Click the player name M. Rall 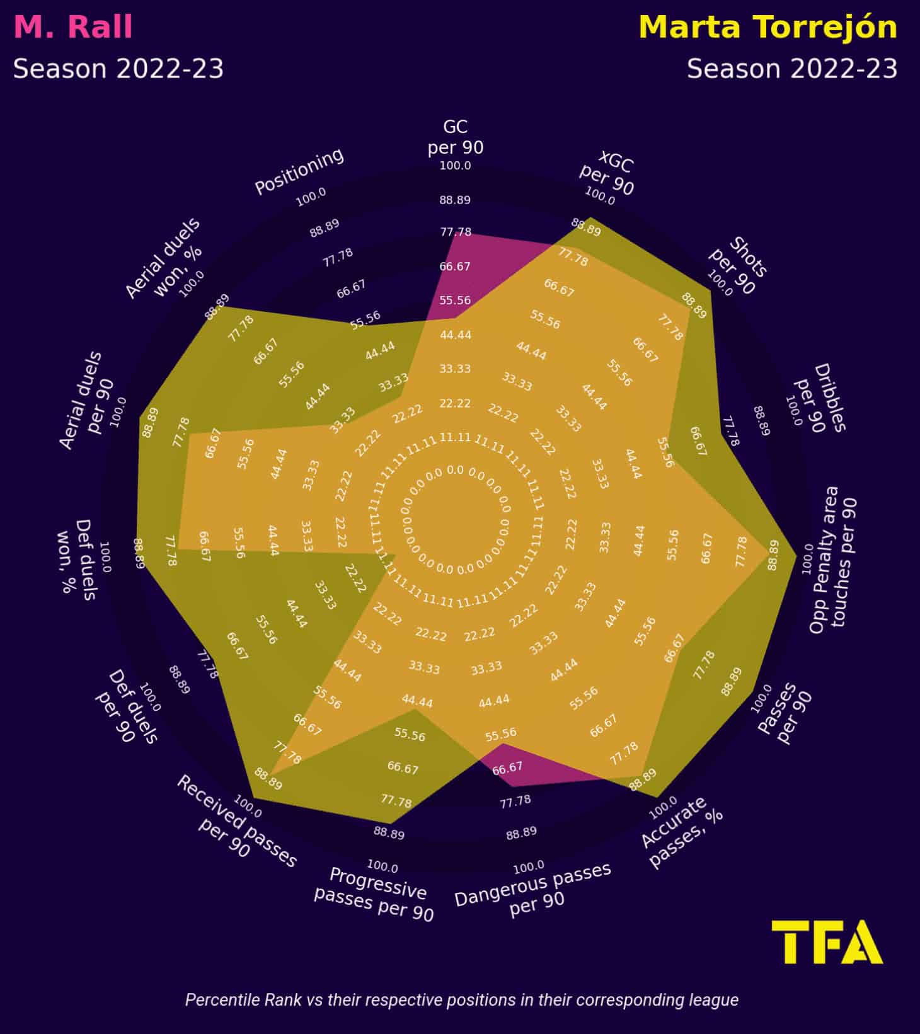pos(73,28)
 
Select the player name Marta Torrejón pos(768,28)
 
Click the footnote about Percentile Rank pos(461,1000)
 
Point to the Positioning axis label pos(299,171)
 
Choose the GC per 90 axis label pos(456,137)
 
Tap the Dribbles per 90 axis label pos(820,398)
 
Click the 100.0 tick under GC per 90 pos(455,166)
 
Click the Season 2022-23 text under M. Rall pos(118,69)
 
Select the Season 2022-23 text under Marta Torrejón pos(792,69)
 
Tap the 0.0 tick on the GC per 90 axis pos(455,470)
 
